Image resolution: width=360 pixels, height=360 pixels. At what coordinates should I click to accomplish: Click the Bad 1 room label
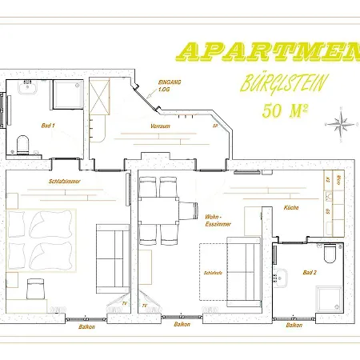(47, 126)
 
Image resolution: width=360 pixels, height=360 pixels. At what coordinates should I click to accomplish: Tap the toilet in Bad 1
(22, 145)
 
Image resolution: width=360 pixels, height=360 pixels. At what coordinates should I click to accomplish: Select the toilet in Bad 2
(330, 254)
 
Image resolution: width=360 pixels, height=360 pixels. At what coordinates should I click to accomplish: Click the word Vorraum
(160, 126)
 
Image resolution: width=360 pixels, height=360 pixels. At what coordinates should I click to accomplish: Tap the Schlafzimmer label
(63, 181)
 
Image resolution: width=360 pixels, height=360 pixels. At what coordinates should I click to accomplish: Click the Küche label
(292, 207)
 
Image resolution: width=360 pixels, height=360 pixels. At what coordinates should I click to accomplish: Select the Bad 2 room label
(310, 272)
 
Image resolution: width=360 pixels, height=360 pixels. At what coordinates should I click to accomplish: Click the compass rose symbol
(341, 123)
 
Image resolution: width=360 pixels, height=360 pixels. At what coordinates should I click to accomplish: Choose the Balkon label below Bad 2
(294, 325)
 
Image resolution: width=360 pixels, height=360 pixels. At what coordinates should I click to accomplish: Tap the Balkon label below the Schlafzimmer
(87, 326)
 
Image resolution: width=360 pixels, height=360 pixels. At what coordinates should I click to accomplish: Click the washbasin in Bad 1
(26, 86)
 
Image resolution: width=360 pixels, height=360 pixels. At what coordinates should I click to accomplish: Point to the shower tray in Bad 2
(330, 298)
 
